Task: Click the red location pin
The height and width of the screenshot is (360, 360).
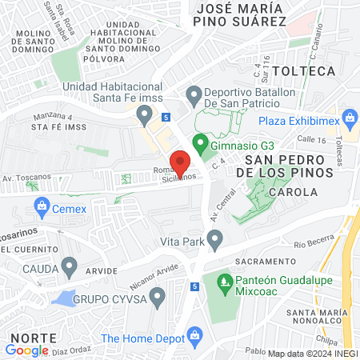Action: (181, 162)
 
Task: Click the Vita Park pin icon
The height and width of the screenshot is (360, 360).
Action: (214, 238)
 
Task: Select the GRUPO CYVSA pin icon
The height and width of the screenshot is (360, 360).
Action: (157, 298)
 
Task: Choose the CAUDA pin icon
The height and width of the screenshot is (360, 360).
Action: (70, 266)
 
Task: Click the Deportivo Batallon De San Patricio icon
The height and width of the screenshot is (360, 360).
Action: (192, 97)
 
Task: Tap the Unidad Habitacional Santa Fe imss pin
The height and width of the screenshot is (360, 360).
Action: (144, 116)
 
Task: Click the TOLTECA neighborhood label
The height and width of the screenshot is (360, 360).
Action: (303, 71)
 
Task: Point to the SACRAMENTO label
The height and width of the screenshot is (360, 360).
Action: (267, 262)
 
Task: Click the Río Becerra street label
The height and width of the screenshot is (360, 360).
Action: (313, 242)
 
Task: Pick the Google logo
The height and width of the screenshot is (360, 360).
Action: (26, 350)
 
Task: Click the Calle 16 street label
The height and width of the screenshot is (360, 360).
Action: (310, 139)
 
